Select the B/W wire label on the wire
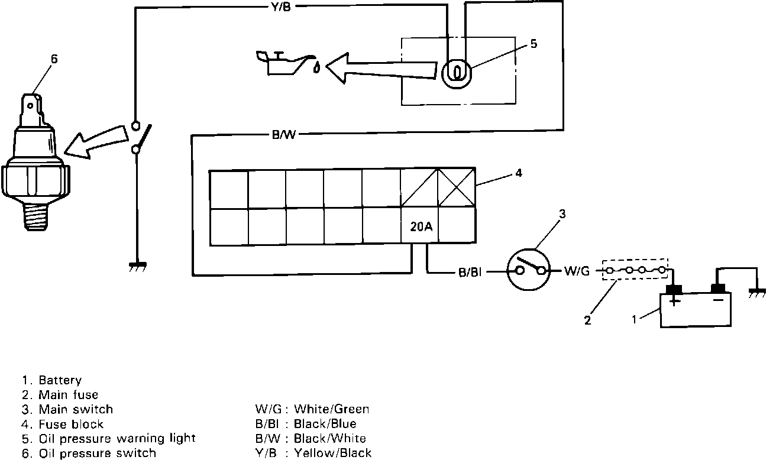tap(283, 135)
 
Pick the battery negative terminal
tap(718, 289)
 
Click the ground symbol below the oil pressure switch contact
tap(138, 267)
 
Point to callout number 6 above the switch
tap(54, 59)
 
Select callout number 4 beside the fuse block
tap(518, 174)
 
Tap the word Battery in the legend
tap(60, 380)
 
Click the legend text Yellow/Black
tap(332, 453)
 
